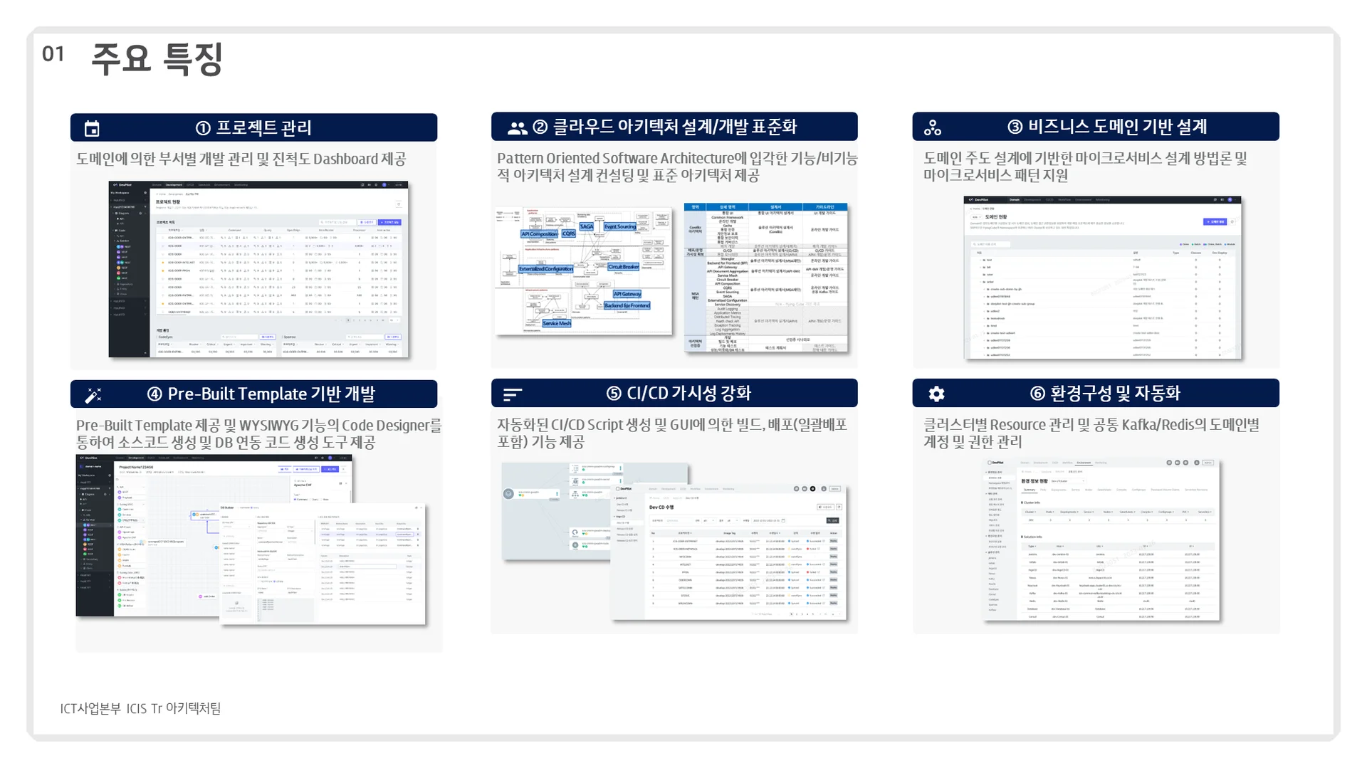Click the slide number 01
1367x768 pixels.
coord(53,54)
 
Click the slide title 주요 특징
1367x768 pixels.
coord(157,58)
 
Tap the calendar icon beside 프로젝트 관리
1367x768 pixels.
coord(92,129)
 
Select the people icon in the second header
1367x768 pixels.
coord(517,128)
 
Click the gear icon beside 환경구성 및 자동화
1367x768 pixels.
coord(936,394)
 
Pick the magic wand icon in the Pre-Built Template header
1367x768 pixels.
coord(93,395)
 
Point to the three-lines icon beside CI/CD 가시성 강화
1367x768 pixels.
coord(513,394)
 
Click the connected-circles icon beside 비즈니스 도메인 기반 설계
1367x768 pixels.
coord(932,128)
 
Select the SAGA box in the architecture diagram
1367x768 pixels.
coord(587,226)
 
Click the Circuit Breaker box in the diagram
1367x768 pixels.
coord(623,267)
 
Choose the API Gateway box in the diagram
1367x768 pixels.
coord(627,294)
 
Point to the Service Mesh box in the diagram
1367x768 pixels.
coord(556,323)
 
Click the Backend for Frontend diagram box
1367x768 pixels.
coord(627,305)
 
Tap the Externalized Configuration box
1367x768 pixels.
coord(545,269)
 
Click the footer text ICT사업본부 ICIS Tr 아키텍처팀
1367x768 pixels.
coord(140,708)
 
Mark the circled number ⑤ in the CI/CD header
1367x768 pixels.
coord(614,394)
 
